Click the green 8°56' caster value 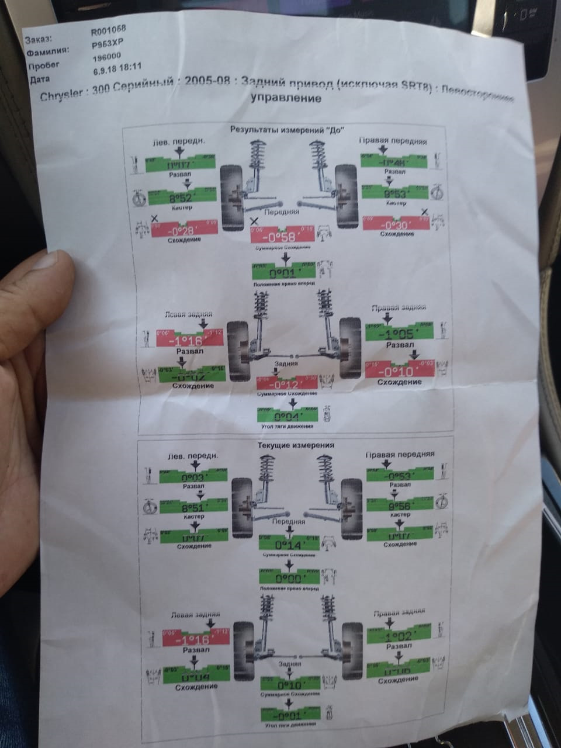(x=401, y=504)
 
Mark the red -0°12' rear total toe (x=286, y=385)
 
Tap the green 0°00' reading (x=289, y=577)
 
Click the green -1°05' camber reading (x=399, y=334)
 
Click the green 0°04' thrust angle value (x=287, y=417)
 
